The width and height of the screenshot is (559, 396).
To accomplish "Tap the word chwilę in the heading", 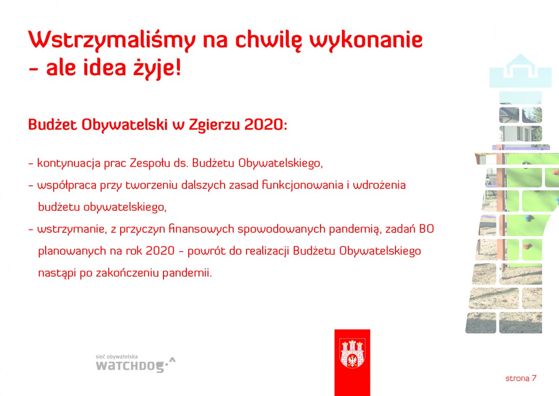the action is (268, 40).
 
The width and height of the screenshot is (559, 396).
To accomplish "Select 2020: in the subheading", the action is (266, 124).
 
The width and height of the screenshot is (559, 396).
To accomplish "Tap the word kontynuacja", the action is (69, 164).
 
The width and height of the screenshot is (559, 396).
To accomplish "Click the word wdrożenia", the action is (379, 185).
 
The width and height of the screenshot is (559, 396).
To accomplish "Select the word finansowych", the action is (202, 229).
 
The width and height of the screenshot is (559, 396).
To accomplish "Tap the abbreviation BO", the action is (427, 229).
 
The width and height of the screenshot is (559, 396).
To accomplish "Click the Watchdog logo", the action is (136, 364).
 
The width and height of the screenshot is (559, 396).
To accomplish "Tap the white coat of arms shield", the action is (352, 353).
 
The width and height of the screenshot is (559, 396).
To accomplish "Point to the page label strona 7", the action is (521, 379).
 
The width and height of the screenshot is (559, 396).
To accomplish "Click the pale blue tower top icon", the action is (520, 71).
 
